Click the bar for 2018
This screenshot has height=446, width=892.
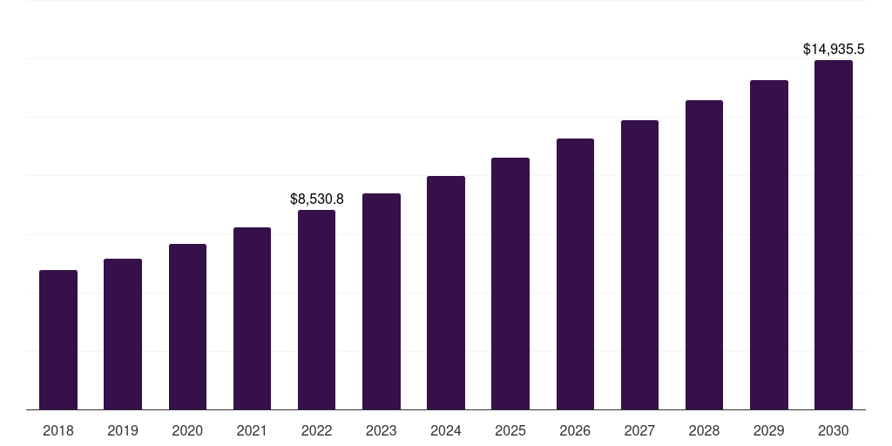[58, 340]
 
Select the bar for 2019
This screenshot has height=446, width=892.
[123, 334]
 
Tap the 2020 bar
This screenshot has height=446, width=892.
[188, 327]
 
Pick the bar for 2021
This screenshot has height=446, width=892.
[252, 319]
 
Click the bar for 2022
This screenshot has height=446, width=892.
[316, 310]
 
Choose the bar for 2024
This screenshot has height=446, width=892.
[446, 293]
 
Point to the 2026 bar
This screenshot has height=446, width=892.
[575, 274]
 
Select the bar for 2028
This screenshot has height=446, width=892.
[704, 255]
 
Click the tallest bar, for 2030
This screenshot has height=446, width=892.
[834, 235]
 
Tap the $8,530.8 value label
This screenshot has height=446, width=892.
[317, 199]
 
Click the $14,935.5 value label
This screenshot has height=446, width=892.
[834, 50]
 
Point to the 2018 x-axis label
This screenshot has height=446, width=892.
[58, 430]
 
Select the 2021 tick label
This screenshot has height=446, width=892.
[252, 430]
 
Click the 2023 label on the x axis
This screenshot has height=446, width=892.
[382, 430]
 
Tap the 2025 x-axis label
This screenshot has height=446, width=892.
[510, 430]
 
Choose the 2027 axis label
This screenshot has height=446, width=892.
[639, 430]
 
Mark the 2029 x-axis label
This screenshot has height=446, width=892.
[768, 430]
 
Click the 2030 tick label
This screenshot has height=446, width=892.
[834, 430]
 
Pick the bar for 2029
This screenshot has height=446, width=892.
[769, 245]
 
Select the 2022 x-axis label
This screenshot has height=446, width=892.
[316, 430]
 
